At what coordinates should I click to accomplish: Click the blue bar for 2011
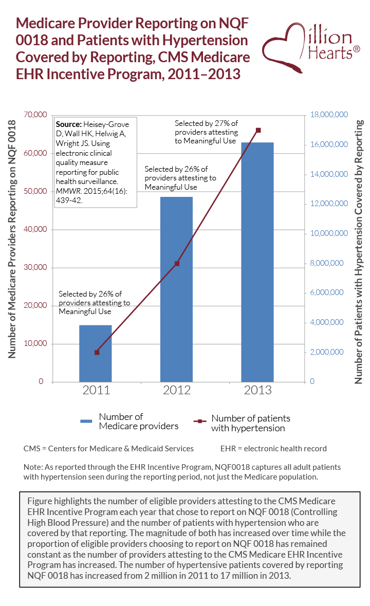(95, 354)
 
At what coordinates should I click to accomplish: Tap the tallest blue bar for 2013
(257, 262)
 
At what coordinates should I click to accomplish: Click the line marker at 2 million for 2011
(97, 352)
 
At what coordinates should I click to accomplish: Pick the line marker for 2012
(177, 263)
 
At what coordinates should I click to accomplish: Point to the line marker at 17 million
(258, 130)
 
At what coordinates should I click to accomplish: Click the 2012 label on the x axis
(177, 390)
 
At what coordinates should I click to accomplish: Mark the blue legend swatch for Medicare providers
(86, 421)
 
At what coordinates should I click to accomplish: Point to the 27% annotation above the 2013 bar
(206, 132)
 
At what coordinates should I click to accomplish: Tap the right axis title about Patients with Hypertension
(359, 252)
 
